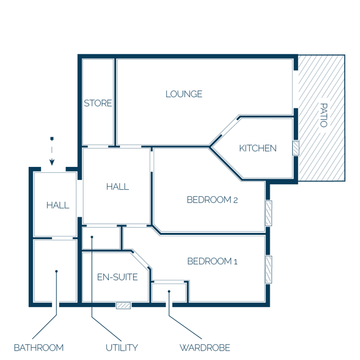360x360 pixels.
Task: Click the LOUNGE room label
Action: [x=184, y=94]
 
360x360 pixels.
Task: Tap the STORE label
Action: [x=98, y=103]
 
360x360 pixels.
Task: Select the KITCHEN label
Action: [x=258, y=148]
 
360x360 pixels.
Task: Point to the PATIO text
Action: [x=324, y=115]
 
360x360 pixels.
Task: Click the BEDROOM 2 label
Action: [x=212, y=200]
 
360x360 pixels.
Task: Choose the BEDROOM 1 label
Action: [x=212, y=261]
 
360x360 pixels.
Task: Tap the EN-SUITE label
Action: [x=117, y=277]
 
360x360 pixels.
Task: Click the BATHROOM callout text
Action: [x=39, y=348]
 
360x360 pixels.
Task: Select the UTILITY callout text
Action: [x=122, y=348]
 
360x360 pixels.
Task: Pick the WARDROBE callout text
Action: [x=205, y=348]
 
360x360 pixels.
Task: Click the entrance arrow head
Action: [x=52, y=162]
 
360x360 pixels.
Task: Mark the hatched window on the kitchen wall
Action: [x=296, y=148]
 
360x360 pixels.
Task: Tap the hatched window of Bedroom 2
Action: [x=269, y=213]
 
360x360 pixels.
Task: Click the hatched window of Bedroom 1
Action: [x=269, y=270]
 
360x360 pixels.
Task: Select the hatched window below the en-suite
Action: [x=123, y=306]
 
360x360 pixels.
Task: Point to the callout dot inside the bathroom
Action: [x=56, y=271]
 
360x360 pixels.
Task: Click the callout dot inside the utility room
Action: [x=92, y=237]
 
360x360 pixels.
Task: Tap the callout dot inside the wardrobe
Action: [x=169, y=292]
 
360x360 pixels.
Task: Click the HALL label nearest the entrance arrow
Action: [x=58, y=205]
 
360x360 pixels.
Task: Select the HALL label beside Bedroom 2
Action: [x=118, y=187]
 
